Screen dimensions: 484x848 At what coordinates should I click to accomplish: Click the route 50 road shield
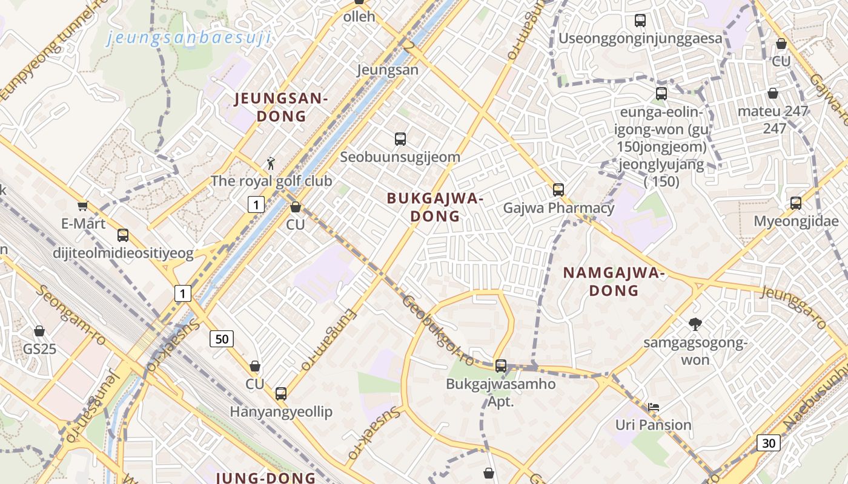[222, 339]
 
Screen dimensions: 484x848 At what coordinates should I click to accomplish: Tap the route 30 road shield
[769, 443]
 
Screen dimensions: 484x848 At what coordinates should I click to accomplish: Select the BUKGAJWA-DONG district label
[435, 207]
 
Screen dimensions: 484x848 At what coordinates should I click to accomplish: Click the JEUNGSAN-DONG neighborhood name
[281, 107]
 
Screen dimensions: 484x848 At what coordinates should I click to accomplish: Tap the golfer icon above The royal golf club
[271, 163]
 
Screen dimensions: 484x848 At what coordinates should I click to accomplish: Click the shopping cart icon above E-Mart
[83, 206]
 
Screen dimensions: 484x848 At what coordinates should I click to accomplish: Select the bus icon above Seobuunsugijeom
[400, 139]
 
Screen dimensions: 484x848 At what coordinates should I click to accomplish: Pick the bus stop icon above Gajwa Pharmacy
[558, 190]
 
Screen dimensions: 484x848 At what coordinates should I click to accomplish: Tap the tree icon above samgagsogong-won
[695, 325]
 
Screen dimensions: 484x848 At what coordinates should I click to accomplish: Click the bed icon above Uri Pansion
[654, 407]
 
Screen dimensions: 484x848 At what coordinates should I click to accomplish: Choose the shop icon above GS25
[39, 331]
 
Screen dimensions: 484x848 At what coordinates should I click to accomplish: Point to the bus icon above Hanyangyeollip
[280, 394]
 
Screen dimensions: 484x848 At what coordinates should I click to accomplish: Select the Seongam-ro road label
[71, 315]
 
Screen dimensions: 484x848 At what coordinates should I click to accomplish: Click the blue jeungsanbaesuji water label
[188, 38]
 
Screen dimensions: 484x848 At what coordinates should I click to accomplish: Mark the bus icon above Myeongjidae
[796, 203]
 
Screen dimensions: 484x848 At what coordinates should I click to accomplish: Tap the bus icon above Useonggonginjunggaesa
[640, 21]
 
